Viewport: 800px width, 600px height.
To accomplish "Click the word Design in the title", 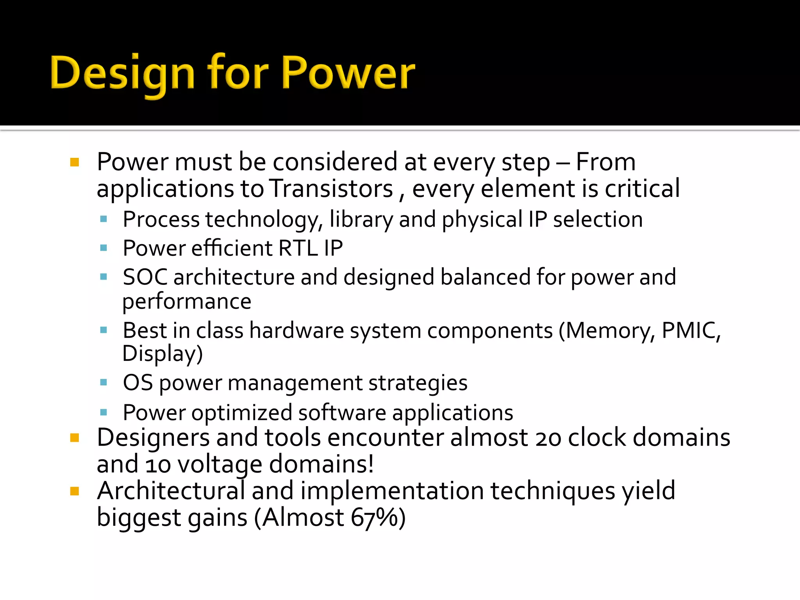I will (x=122, y=73).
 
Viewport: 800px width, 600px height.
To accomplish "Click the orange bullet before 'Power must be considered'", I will (x=75, y=162).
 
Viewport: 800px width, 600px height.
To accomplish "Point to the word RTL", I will (x=298, y=248).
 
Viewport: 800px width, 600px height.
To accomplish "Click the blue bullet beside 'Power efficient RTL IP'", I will (x=104, y=248).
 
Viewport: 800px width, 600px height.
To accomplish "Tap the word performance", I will (x=187, y=302).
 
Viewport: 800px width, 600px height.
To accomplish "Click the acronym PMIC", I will (x=691, y=330).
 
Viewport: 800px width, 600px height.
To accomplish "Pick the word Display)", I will (x=162, y=354).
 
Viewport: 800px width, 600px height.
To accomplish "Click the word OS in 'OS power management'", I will (x=137, y=382).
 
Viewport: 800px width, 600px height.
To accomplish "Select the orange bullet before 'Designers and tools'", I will (x=75, y=437).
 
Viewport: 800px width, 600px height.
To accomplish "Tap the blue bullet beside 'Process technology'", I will (x=104, y=219).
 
